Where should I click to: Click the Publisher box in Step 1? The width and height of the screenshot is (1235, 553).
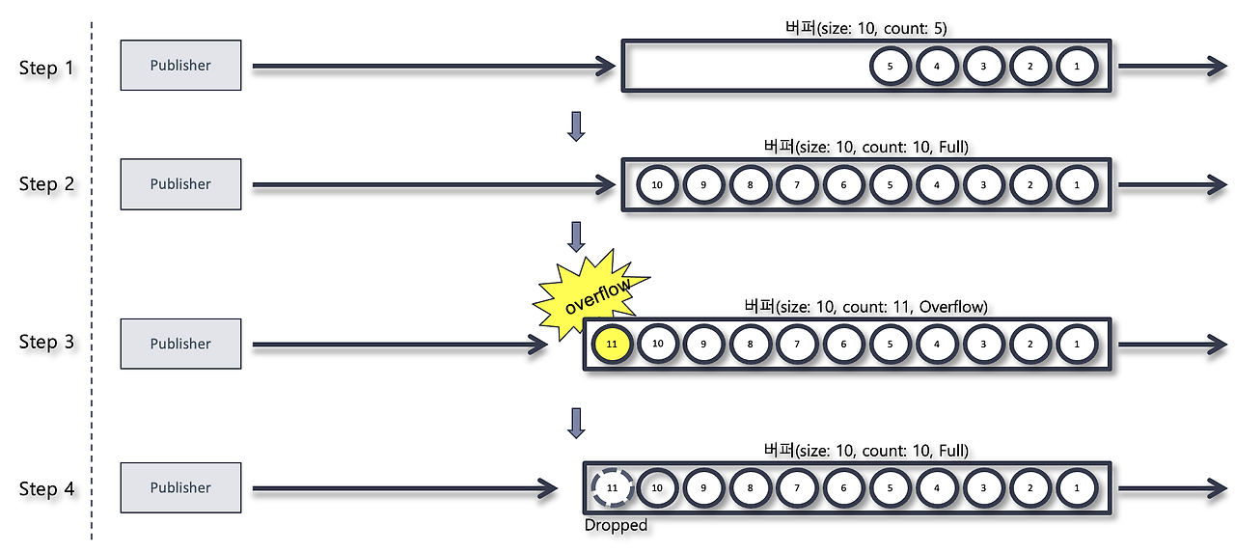[x=180, y=66]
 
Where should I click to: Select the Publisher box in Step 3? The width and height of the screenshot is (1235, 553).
[x=180, y=344]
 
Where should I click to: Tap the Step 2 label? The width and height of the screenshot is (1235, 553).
[x=46, y=184]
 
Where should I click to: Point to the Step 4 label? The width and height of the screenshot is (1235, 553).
[x=46, y=489]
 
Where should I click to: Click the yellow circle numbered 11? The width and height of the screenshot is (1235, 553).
[x=611, y=344]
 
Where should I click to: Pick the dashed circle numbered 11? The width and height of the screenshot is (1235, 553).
[x=611, y=488]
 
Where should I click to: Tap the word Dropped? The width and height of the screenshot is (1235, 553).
[x=616, y=526]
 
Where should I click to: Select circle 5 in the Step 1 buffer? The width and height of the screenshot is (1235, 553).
[x=890, y=66]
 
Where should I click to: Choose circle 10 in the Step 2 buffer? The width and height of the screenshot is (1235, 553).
[x=657, y=184]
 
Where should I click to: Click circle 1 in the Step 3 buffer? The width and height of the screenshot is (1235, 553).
[x=1077, y=344]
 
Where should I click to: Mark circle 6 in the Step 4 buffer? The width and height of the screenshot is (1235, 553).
[x=843, y=488]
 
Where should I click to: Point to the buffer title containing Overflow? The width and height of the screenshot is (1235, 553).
[x=865, y=307]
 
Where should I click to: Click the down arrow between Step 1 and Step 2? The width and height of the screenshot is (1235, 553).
[x=576, y=125]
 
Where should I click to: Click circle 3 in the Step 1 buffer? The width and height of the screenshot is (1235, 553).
[x=983, y=66]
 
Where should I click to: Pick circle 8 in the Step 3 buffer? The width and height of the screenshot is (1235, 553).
[x=751, y=344]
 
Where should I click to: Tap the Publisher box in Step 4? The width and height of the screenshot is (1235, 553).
[x=180, y=488]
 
